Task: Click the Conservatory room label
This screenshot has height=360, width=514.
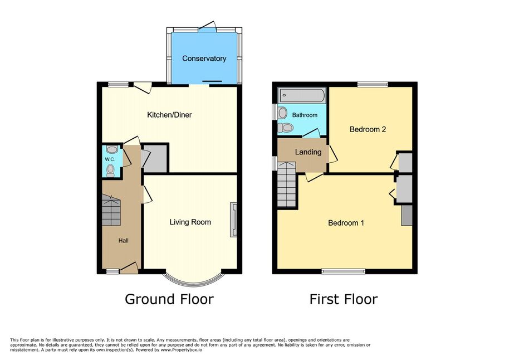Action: tap(204, 59)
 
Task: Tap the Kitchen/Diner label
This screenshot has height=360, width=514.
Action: tap(169, 115)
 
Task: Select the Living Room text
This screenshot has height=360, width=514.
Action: tap(190, 222)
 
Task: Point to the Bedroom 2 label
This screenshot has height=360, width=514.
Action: tap(368, 129)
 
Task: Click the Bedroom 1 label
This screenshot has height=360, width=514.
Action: tap(346, 223)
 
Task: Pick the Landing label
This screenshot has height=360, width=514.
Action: tap(308, 152)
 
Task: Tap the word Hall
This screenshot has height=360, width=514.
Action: tap(123, 241)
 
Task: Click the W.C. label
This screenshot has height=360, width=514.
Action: tap(110, 159)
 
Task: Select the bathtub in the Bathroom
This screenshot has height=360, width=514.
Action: tap(302, 95)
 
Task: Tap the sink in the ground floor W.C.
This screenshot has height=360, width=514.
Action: tap(112, 150)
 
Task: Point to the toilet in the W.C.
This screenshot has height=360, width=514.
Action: tap(110, 171)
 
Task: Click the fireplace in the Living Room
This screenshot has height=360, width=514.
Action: tap(234, 219)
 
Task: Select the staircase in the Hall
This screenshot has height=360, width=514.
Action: tap(111, 210)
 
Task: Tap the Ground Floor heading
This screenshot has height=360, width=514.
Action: tap(169, 299)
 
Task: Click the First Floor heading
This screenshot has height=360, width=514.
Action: tap(344, 299)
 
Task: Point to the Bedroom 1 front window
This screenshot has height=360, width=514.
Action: tap(343, 271)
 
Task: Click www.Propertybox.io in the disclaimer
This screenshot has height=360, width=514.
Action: tap(182, 350)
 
